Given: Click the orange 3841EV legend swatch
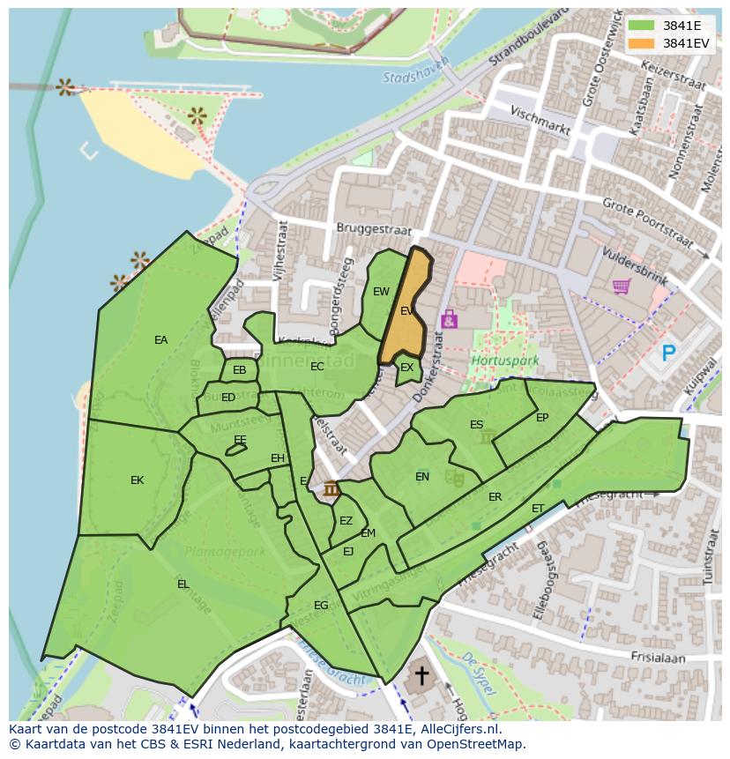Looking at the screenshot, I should click(x=641, y=43).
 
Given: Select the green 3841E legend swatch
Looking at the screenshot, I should click(x=641, y=26).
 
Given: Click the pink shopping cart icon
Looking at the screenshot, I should click(x=621, y=286).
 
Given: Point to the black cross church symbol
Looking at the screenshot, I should click(x=422, y=676).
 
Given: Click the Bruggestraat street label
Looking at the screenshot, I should click(x=374, y=228).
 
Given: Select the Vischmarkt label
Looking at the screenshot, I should click(x=540, y=120).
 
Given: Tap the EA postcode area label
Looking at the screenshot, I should click(x=160, y=340).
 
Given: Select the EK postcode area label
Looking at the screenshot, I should click(x=137, y=480).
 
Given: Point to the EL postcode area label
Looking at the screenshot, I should click(x=182, y=584).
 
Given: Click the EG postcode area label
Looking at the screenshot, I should click(x=321, y=606).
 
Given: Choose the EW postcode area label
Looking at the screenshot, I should click(x=381, y=292).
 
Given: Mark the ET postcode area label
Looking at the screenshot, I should click(x=538, y=509).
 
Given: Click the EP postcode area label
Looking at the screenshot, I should click(x=542, y=418).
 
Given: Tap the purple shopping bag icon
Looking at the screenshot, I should click(x=449, y=318).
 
